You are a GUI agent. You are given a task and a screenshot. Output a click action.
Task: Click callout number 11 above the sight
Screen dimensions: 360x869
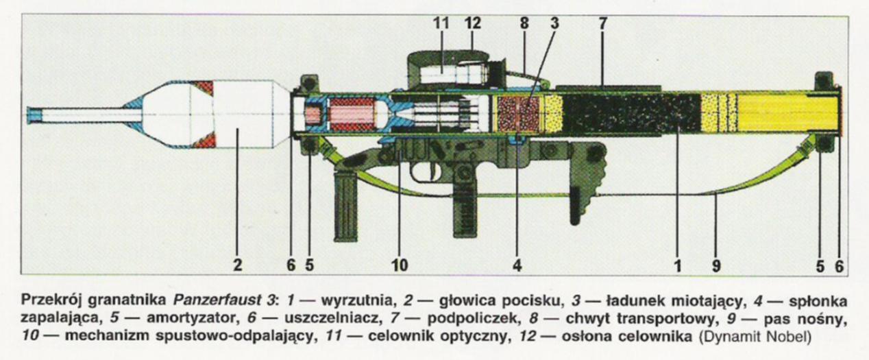pyautogui.click(x=441, y=22)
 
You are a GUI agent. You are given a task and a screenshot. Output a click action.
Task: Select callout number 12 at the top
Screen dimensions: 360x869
pyautogui.click(x=473, y=22)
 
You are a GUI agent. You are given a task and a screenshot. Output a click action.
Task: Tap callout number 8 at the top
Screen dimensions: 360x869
pyautogui.click(x=524, y=22)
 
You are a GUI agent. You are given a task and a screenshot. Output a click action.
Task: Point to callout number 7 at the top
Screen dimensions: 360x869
pyautogui.click(x=602, y=22)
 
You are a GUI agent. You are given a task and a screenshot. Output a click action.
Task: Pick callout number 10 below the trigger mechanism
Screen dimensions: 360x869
pyautogui.click(x=400, y=264)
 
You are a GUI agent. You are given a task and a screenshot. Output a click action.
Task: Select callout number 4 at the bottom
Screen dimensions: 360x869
pyautogui.click(x=517, y=264)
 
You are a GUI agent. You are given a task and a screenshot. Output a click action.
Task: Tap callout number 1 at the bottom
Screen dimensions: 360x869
pyautogui.click(x=678, y=264)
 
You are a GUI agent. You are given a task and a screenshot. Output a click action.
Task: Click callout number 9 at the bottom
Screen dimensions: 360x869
pyautogui.click(x=715, y=264)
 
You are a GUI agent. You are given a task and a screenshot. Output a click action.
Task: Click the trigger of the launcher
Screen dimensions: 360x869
pyautogui.click(x=420, y=172)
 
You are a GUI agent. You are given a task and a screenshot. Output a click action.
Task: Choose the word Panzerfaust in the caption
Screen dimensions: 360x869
pyautogui.click(x=205, y=301)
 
